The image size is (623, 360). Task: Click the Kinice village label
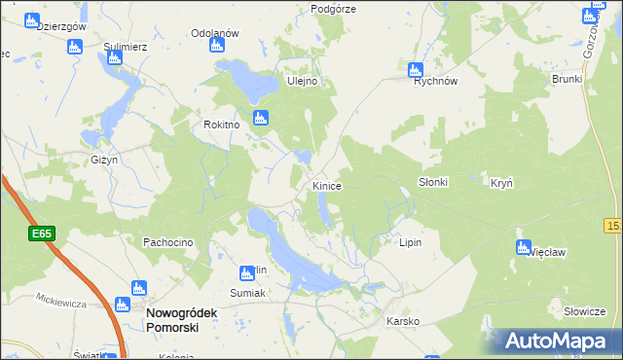pyautogui.click(x=326, y=185)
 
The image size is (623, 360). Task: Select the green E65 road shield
pyautogui.click(x=41, y=234)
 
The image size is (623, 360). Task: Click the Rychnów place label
pyautogui.click(x=435, y=82)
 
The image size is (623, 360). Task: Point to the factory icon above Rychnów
pyautogui.click(x=416, y=69)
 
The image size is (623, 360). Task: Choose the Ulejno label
pyautogui.click(x=302, y=82)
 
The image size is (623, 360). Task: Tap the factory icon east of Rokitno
pyautogui.click(x=260, y=119)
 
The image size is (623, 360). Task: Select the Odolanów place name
pyautogui.click(x=215, y=33)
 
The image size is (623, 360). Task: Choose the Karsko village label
pyautogui.click(x=402, y=321)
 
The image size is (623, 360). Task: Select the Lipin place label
pyautogui.click(x=410, y=242)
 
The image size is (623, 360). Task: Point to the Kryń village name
pyautogui.click(x=501, y=183)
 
